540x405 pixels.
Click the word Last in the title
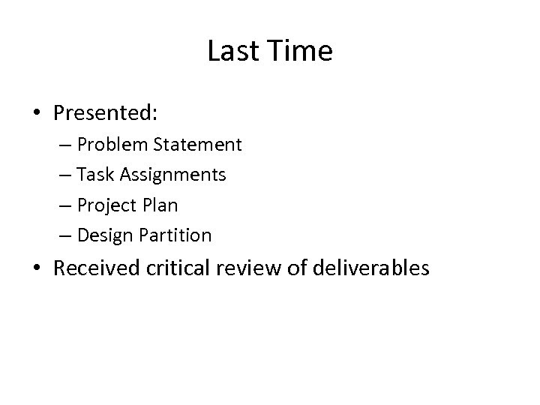[x=230, y=52]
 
